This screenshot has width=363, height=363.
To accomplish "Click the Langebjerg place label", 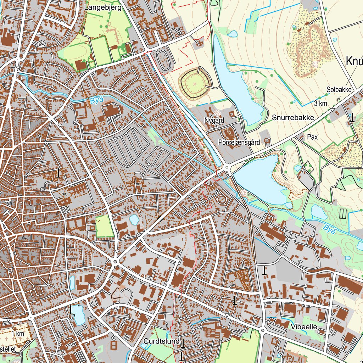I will (x=103, y=7).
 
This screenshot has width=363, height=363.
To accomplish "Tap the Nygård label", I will (x=214, y=121).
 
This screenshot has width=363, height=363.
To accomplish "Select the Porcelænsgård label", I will (x=239, y=142).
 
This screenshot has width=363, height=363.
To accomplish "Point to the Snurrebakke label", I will (x=293, y=118).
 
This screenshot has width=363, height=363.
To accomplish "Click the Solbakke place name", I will (x=339, y=90).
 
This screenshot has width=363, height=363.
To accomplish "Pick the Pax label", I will (x=312, y=137).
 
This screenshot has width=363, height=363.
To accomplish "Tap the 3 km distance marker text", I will (x=320, y=104).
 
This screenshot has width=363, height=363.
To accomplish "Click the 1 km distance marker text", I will (x=17, y=334).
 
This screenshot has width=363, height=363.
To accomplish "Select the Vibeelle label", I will (x=304, y=326).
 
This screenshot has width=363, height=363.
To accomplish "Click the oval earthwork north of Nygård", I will (x=194, y=84).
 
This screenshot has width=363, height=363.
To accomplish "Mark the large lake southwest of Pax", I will (x=261, y=179).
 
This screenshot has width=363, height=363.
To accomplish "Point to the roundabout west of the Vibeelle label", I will (x=262, y=330).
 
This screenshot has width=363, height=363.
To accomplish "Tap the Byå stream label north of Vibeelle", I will (x=329, y=230).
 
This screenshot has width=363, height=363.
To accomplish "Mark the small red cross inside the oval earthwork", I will (x=194, y=84).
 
